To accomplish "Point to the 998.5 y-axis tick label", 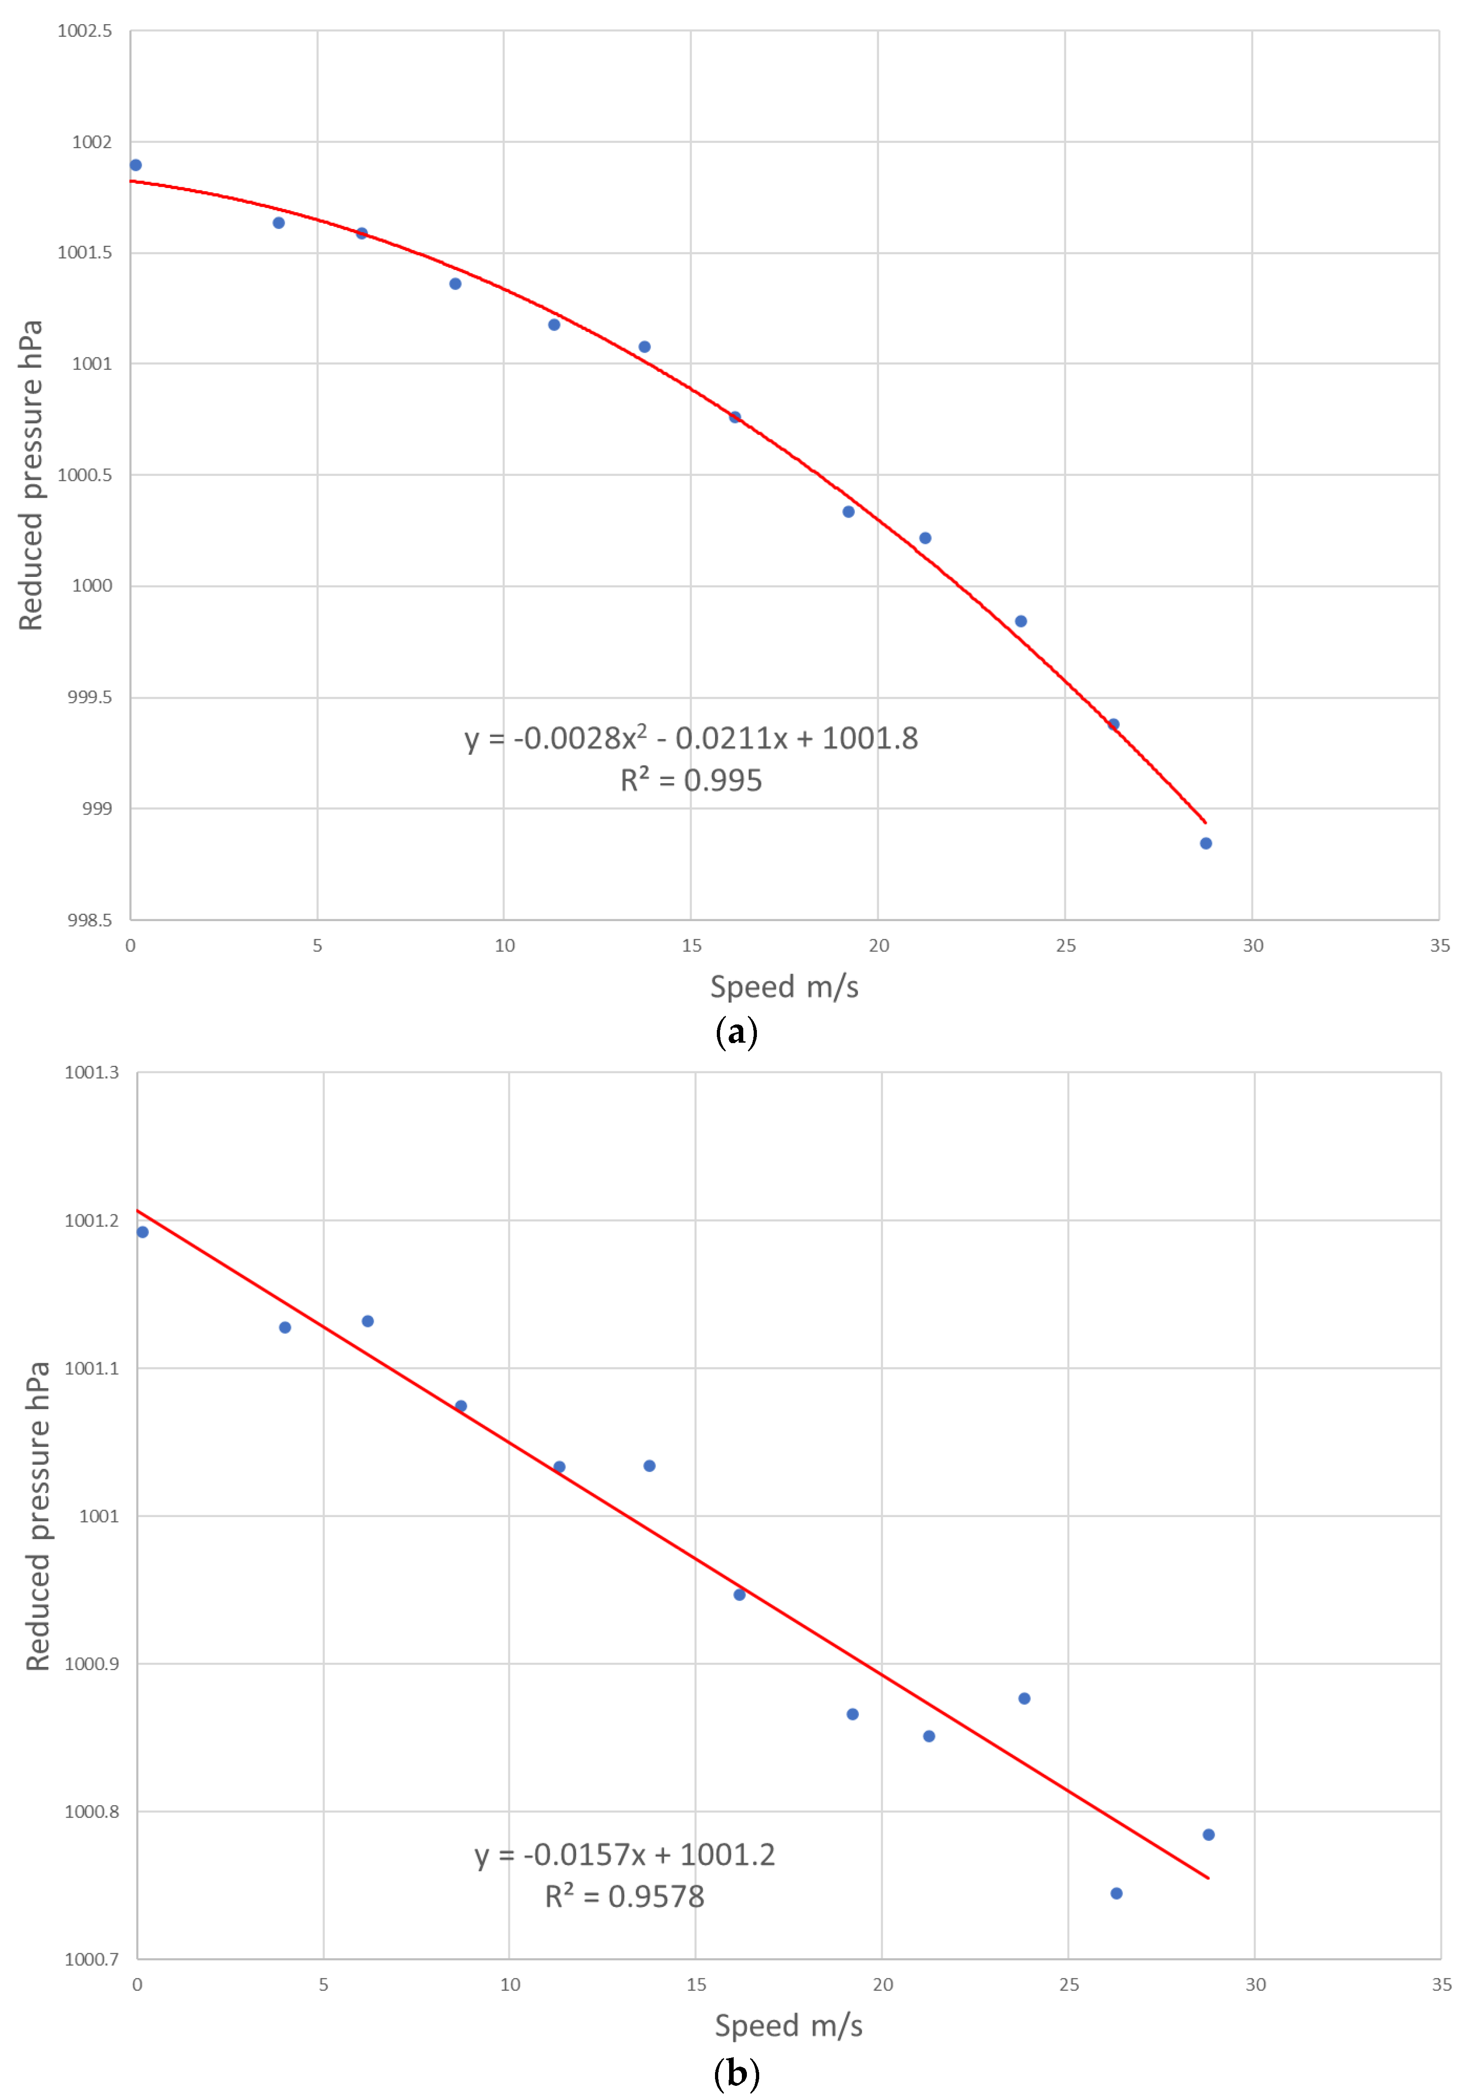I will point(90,920).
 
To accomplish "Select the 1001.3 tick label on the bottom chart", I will point(92,1072).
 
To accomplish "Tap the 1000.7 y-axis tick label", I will point(92,1959).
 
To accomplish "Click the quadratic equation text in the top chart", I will point(690,738).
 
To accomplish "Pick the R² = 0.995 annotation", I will point(690,780).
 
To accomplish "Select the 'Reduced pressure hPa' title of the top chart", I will point(31,475).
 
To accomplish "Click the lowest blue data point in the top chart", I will point(1205,843).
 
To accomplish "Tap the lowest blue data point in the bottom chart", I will point(1116,1893).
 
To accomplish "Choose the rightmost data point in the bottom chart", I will point(1208,1835).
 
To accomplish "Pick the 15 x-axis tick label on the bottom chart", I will point(696,1985).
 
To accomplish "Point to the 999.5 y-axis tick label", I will point(90,698).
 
